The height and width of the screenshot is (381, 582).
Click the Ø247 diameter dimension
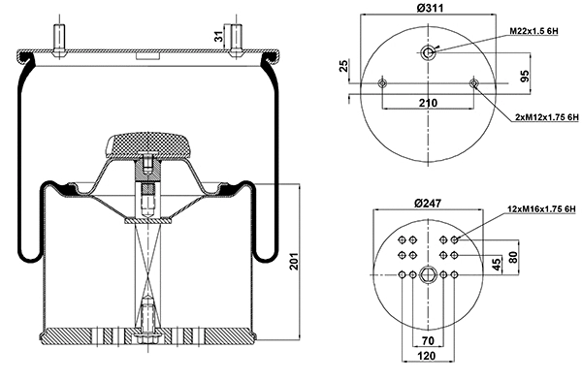point(428,204)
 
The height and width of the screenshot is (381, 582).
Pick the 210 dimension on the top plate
point(428,101)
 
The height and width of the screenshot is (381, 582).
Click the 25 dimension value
point(344,66)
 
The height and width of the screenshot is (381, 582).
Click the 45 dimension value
point(496,263)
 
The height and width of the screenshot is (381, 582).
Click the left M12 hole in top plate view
point(382,84)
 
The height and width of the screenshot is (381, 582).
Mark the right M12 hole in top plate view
point(473,84)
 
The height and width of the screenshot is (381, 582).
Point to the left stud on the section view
point(61,39)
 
